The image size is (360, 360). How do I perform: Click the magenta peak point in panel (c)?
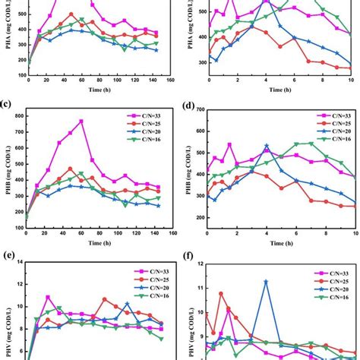pyautogui.click(x=81, y=122)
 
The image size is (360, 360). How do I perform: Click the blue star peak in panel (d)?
pyautogui.click(x=266, y=146)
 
